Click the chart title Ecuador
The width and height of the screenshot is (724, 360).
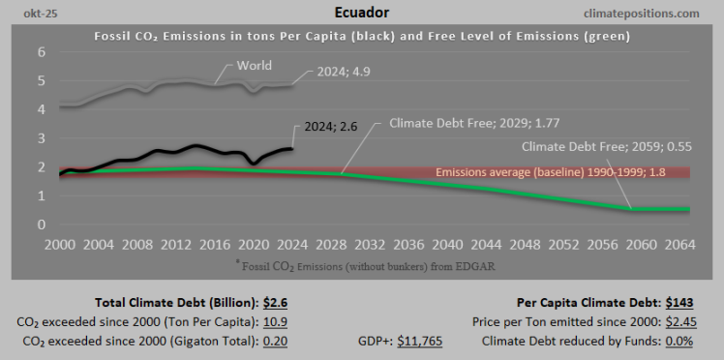(x=362, y=14)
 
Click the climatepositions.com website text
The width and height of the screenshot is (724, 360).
(x=643, y=14)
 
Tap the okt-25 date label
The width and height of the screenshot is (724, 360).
(x=30, y=14)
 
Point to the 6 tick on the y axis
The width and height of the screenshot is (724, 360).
(x=42, y=51)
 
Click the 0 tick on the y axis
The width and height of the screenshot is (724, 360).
(x=42, y=225)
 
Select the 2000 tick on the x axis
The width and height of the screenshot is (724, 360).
(x=60, y=246)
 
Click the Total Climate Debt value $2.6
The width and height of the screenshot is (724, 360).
(x=275, y=303)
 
